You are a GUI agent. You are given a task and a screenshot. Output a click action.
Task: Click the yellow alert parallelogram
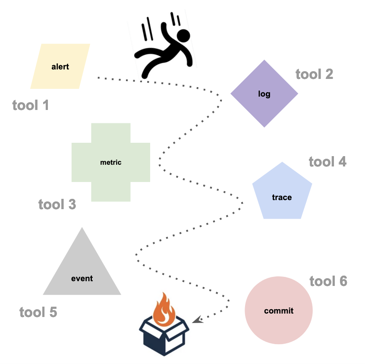(x=60, y=66)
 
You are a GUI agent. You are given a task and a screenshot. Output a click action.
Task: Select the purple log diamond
(x=264, y=94)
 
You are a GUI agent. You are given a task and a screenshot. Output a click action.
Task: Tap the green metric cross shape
(x=111, y=163)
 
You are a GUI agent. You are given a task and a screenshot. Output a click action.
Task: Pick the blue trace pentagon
(x=282, y=193)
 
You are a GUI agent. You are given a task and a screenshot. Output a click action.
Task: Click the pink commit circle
(x=279, y=310)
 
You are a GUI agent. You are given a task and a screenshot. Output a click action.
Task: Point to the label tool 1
(x=31, y=105)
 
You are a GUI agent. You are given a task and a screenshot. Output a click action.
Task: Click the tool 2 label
(x=314, y=74)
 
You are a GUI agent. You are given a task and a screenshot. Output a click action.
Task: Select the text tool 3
(x=57, y=204)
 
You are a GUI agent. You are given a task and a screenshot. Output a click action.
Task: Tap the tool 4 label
(x=327, y=162)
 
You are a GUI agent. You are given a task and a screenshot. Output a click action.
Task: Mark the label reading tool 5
(x=38, y=312)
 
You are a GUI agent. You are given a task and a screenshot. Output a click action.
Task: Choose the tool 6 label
(x=328, y=281)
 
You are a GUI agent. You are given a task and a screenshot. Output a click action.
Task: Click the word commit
(x=279, y=311)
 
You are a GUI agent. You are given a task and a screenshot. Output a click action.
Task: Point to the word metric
(x=111, y=163)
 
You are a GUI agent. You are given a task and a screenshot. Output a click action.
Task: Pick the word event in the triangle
(x=82, y=279)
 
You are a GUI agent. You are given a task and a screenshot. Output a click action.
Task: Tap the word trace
(x=282, y=198)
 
